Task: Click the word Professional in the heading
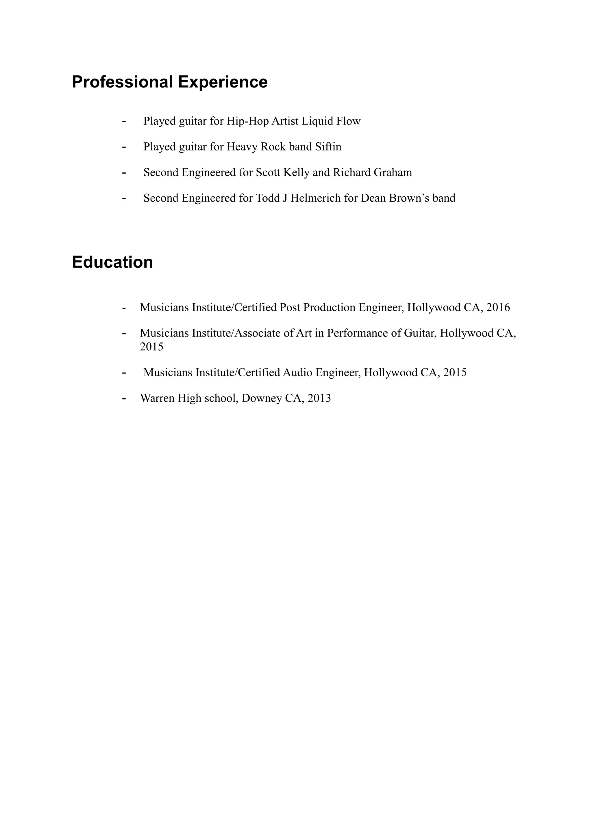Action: (x=122, y=82)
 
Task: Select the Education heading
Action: (x=112, y=262)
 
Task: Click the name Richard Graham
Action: (x=372, y=172)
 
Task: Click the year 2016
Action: (x=498, y=307)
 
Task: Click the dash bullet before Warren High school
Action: (x=124, y=399)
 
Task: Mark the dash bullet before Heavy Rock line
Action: (x=124, y=147)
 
